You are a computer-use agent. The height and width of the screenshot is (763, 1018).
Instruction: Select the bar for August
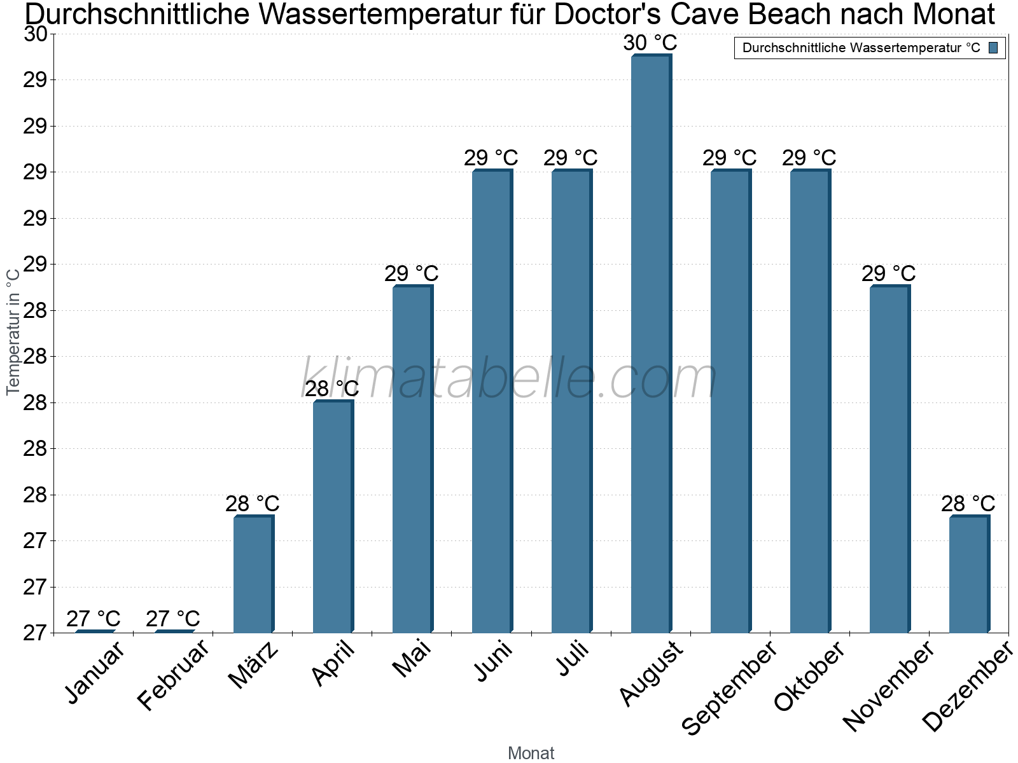(x=650, y=343)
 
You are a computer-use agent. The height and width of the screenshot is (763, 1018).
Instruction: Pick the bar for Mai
(x=412, y=459)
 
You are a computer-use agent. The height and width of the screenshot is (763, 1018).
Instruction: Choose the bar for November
(x=889, y=459)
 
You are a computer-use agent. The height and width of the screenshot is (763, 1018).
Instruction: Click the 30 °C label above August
(x=650, y=43)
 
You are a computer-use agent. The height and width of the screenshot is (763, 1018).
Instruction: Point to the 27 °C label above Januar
(x=93, y=619)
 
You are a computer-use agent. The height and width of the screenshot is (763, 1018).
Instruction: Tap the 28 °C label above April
(x=331, y=388)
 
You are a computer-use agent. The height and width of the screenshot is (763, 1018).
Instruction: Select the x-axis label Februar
(x=173, y=675)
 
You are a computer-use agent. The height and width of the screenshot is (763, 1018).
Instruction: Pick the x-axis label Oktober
(x=809, y=677)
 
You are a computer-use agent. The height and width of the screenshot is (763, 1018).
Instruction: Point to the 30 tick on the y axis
(x=36, y=34)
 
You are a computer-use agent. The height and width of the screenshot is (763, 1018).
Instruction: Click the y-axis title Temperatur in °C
(x=13, y=331)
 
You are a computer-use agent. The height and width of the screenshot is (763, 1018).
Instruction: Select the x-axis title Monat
(x=531, y=753)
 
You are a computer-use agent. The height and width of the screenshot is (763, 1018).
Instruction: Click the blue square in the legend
(x=993, y=48)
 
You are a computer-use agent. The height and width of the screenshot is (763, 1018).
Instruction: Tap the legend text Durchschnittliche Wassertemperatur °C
(x=861, y=48)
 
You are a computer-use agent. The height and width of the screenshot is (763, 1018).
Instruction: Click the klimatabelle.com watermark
(x=509, y=378)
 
